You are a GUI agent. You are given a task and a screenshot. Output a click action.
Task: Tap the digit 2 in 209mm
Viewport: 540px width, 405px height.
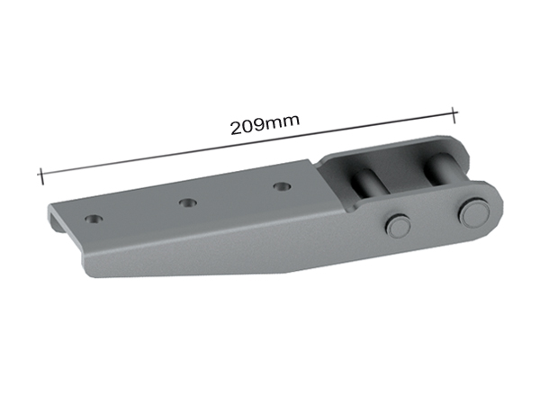[236, 125]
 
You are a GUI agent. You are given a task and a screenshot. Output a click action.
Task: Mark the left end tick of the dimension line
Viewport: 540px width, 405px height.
[40, 175]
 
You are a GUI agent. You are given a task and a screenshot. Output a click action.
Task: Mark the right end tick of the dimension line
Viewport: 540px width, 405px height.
[454, 113]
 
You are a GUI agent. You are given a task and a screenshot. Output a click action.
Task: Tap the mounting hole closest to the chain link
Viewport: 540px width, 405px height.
[283, 187]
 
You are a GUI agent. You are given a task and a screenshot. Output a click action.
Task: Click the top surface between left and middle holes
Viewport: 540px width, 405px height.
[139, 212]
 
